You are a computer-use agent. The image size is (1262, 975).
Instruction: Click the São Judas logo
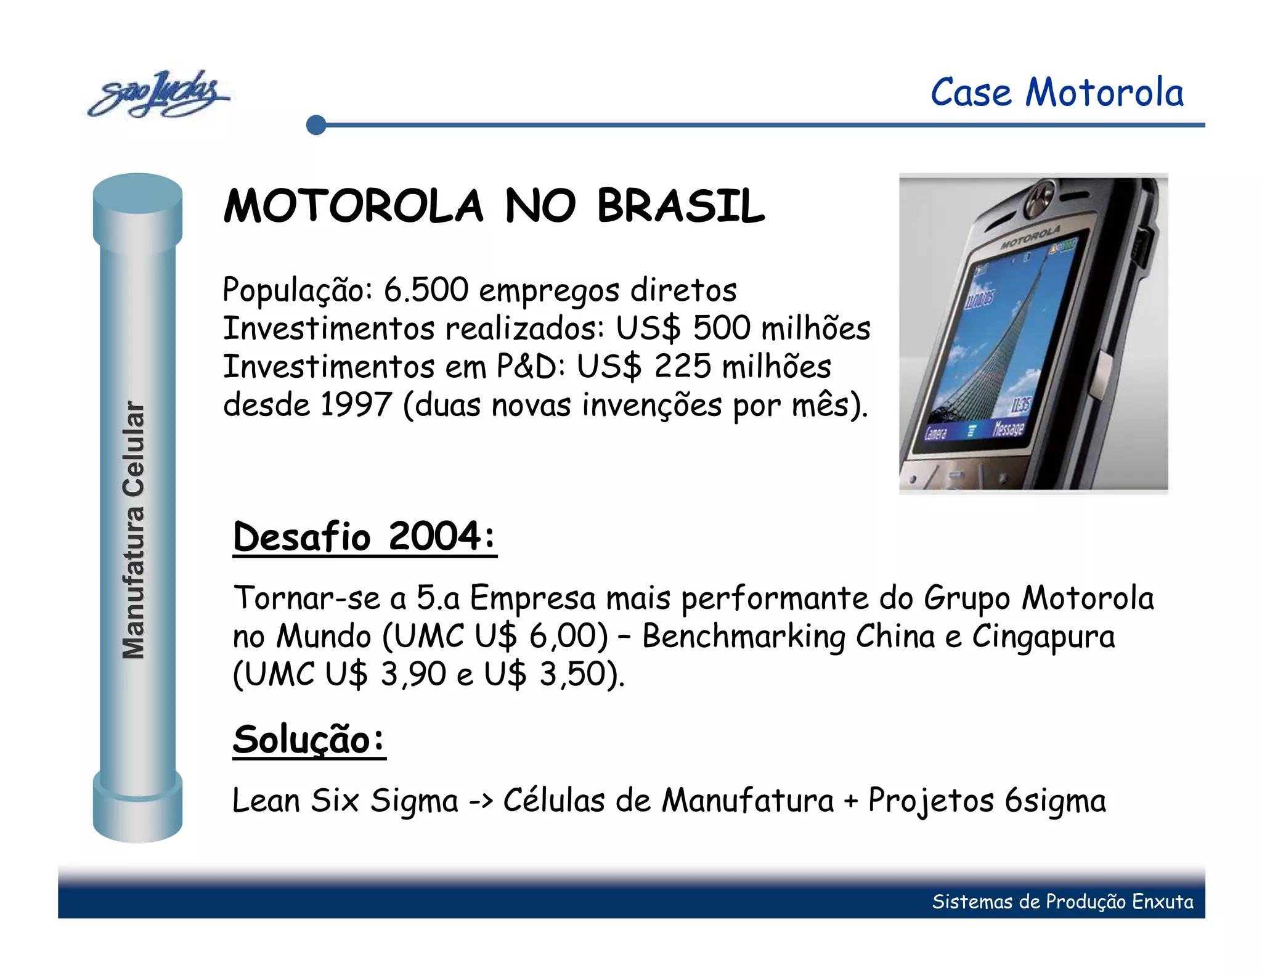point(158,94)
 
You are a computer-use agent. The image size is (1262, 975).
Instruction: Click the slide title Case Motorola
point(1056,93)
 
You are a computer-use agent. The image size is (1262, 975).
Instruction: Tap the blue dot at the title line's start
point(316,125)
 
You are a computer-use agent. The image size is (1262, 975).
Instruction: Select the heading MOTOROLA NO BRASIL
point(494,206)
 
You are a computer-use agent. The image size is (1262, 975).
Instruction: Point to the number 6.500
point(426,290)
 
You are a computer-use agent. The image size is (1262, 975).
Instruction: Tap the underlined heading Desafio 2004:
point(364,536)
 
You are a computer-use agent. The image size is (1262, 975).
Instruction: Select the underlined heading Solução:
point(309,739)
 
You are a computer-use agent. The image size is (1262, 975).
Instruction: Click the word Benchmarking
point(743,636)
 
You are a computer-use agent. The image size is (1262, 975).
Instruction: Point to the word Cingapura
point(1043,636)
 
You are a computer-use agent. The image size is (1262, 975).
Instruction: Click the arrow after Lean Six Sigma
point(481,801)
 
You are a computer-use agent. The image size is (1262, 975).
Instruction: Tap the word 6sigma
point(1055,801)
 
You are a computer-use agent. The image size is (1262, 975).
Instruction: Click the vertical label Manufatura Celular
point(134,529)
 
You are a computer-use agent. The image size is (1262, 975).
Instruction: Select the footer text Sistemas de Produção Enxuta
point(1062,902)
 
